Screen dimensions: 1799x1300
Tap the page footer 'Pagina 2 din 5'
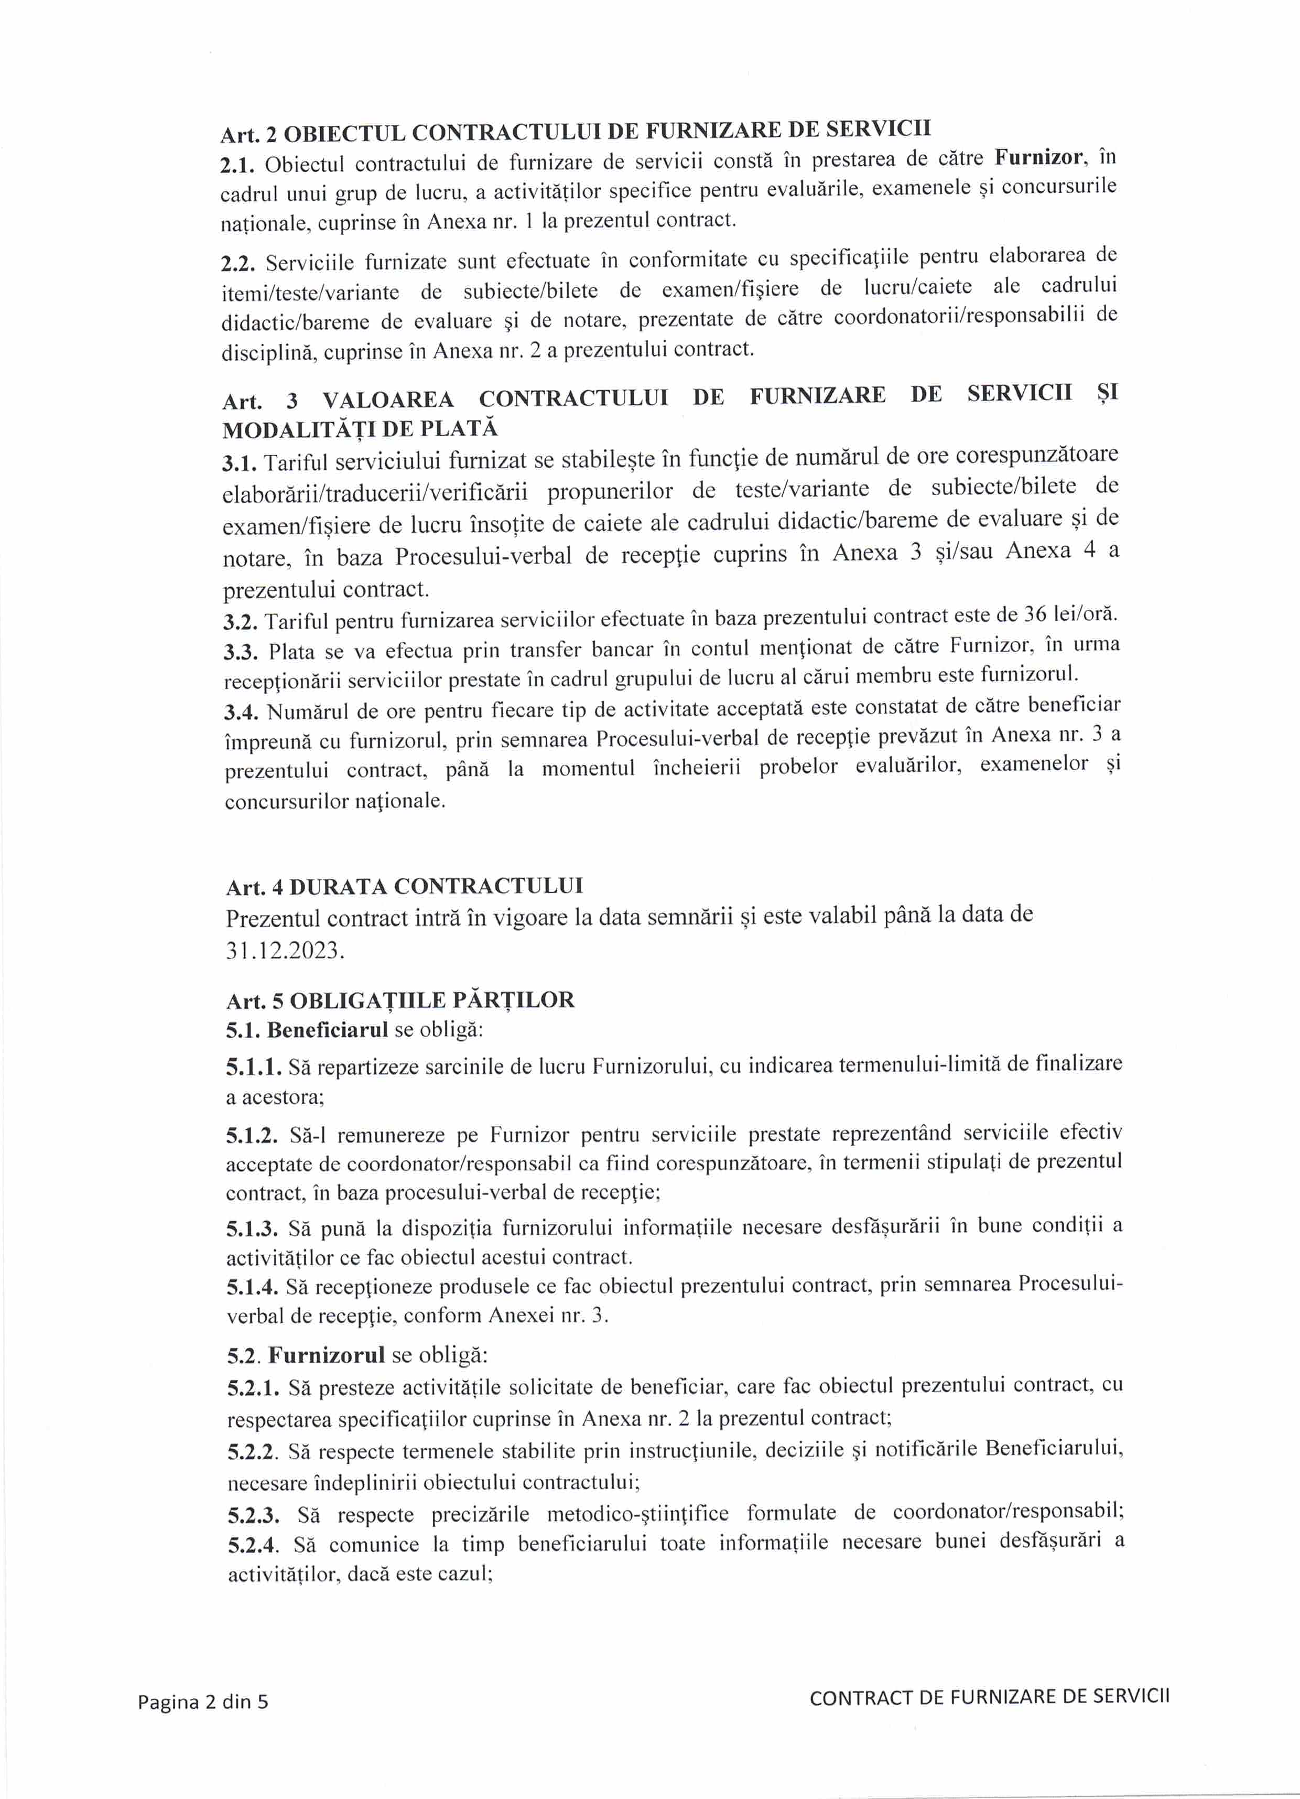203,1701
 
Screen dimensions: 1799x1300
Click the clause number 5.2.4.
254,1545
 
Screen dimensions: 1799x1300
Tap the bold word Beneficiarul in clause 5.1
328,1030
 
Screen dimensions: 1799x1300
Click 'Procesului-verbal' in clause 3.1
483,556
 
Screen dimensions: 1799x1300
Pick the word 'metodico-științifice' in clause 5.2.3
638,1513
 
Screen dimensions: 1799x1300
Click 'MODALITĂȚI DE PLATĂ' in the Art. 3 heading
360,429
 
